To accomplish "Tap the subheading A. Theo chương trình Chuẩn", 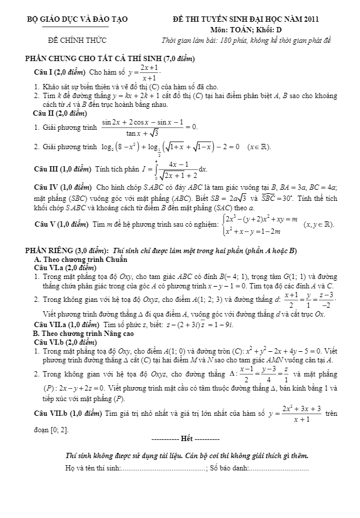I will coord(80,259).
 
